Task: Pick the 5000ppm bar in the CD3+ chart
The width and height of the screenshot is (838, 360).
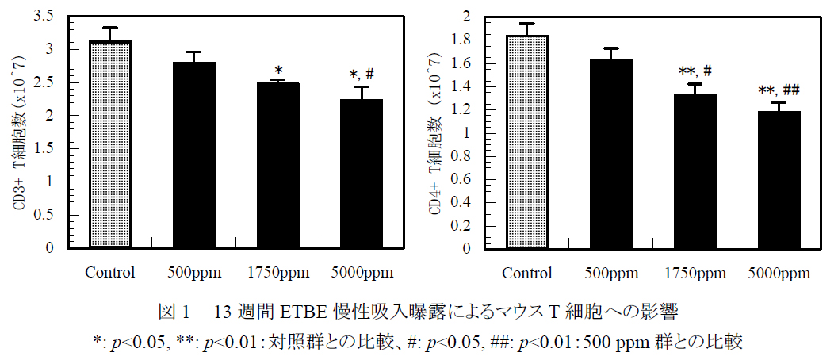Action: pos(362,174)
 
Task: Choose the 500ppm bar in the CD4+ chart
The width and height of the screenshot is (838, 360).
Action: pos(610,154)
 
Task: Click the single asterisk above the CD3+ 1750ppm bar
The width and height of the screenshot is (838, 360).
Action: pos(278,70)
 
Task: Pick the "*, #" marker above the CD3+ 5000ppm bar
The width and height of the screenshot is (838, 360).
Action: pos(362,75)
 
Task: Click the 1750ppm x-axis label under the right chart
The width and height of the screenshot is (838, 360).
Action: pos(695,274)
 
